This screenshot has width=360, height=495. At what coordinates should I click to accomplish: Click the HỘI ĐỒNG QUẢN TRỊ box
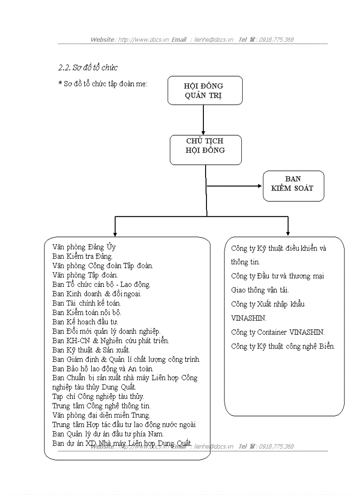point(205,90)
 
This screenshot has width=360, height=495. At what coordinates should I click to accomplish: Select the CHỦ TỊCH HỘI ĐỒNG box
point(206,150)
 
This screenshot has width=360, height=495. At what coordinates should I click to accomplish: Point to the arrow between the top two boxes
point(203,119)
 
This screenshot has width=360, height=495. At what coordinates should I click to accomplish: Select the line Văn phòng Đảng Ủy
point(84,247)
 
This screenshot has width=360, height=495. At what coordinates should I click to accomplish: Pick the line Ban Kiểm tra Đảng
point(82,256)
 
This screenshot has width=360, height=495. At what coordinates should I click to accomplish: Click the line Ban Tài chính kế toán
point(86,303)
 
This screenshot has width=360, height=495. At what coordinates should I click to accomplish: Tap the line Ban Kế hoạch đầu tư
point(85,322)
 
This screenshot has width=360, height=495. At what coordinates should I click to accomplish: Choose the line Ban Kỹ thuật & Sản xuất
point(91,350)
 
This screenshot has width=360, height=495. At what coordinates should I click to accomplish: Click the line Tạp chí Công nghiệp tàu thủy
point(98,397)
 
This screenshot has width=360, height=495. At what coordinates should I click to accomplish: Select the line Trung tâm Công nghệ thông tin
point(101,406)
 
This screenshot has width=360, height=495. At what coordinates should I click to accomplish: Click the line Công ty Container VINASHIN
point(278,332)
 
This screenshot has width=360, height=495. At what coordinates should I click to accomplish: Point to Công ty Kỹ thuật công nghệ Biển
point(283,346)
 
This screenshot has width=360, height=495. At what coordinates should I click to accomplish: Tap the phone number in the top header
point(276,40)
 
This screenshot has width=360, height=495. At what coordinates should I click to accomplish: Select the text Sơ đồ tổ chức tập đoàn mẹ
point(105,84)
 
